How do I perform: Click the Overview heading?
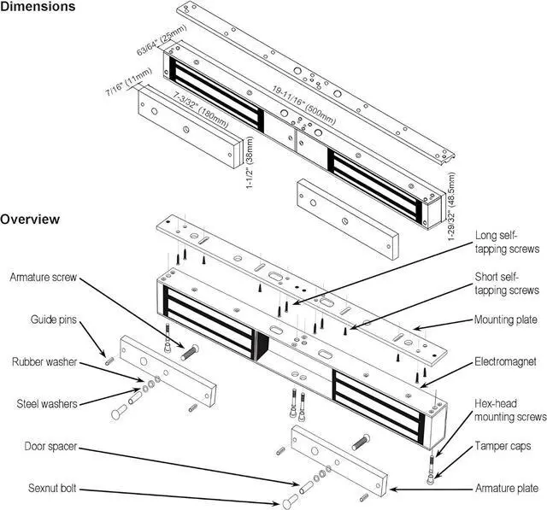30,219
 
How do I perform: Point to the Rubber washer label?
43,361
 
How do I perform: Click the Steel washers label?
44,402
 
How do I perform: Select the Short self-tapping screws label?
507,284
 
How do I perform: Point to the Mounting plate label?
506,320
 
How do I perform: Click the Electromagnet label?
505,361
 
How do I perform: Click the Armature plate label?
506,489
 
